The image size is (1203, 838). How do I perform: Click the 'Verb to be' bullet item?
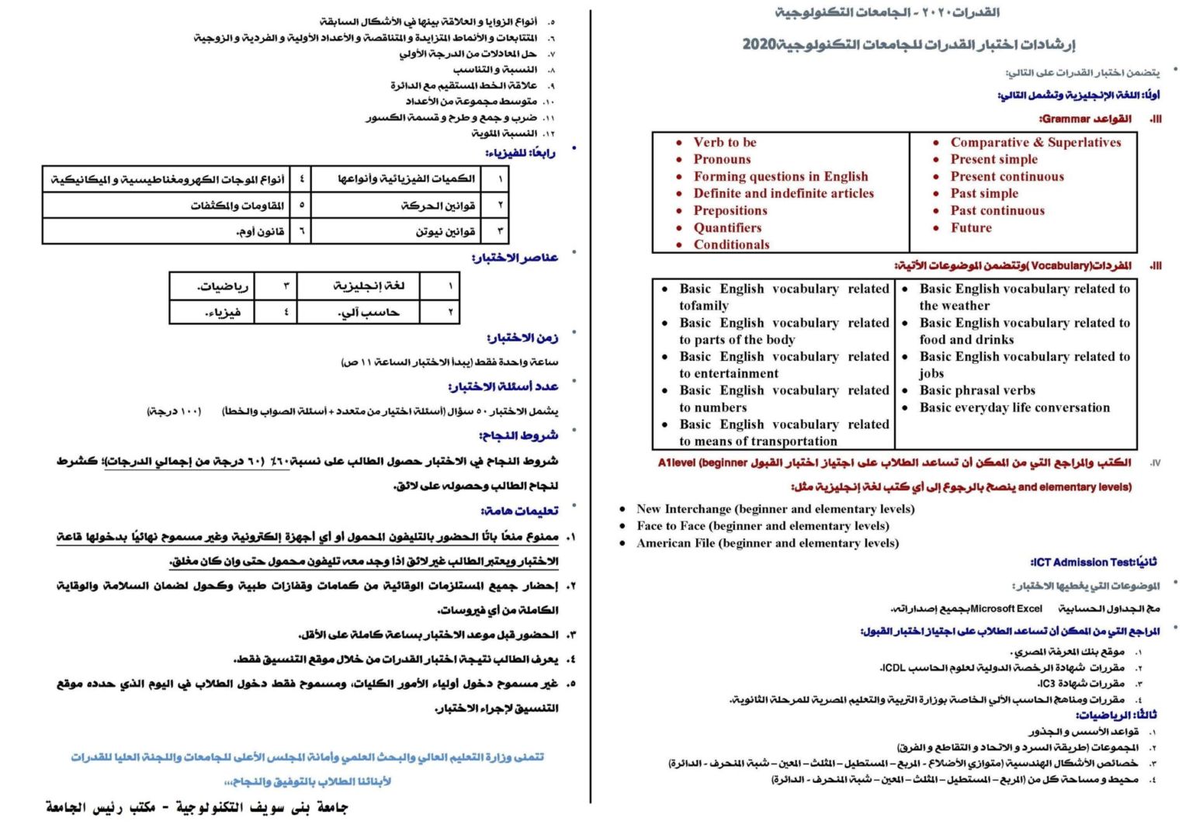tap(724, 142)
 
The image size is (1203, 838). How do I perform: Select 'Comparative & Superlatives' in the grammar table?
tap(1035, 142)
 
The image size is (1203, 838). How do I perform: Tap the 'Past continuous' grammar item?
tap(997, 210)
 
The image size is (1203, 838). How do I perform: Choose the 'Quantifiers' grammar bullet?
tap(727, 227)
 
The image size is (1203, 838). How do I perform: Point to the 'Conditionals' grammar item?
tap(731, 244)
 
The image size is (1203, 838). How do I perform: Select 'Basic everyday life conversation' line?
tap(1014, 407)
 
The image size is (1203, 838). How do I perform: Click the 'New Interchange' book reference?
tap(775, 509)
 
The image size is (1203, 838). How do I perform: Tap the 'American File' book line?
tap(767, 543)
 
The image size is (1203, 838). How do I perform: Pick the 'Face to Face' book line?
tap(762, 526)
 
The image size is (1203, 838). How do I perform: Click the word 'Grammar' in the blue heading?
tap(1066, 119)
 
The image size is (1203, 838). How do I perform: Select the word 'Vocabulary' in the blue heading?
tap(1061, 266)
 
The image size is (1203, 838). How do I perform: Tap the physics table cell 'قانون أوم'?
tap(260, 231)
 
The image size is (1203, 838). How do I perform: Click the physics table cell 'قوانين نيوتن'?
tap(445, 231)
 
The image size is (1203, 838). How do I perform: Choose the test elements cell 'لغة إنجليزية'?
tap(369, 286)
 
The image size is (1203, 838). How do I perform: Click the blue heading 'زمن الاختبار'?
tap(522, 338)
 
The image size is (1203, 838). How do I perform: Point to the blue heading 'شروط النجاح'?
tap(518, 436)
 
